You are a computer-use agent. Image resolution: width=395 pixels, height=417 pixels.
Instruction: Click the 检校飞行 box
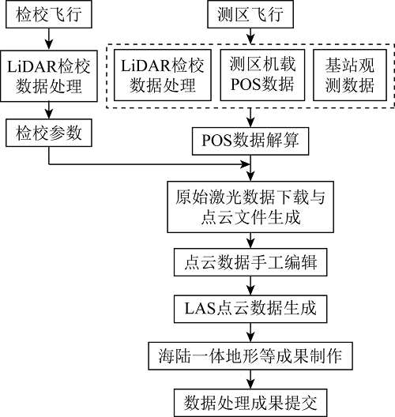pos(49,14)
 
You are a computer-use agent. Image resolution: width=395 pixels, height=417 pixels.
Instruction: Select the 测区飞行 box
pos(250,14)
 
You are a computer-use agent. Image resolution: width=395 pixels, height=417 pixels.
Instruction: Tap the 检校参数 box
pos(49,133)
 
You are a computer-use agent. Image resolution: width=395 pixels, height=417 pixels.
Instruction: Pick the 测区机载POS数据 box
pos(262,75)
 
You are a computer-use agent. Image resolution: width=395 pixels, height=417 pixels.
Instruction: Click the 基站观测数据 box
pos(350,75)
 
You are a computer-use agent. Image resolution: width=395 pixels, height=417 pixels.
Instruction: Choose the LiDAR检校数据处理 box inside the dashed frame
pos(163,75)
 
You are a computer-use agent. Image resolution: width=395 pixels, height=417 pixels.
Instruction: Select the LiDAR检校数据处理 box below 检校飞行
pos(49,76)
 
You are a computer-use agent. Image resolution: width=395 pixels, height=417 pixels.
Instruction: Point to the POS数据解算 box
pos(250,141)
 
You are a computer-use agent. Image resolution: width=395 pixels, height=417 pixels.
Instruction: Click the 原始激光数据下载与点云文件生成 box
pos(250,207)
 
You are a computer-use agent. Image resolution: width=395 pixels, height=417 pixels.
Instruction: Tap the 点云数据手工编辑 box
pos(250,262)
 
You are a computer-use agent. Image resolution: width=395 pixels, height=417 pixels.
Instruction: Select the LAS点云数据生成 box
pos(250,309)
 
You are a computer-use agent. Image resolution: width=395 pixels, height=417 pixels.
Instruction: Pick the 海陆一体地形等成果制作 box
pos(250,356)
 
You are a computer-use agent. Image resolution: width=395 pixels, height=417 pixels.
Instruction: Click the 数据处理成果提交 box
pos(250,403)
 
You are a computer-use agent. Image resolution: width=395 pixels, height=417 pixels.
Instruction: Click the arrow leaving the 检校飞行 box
pos(49,39)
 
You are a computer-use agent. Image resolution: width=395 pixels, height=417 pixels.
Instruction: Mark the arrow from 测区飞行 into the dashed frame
pos(250,36)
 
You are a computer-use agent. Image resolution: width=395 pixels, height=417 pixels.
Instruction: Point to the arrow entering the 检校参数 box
pos(49,110)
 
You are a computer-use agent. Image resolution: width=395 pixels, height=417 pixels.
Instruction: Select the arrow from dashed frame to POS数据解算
pos(250,118)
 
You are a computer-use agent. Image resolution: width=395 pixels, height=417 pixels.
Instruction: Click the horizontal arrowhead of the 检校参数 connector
pos(245,164)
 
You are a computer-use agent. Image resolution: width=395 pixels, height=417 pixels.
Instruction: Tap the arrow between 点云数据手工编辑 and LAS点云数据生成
pos(250,286)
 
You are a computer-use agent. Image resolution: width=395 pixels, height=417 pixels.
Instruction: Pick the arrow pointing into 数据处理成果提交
pos(250,379)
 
